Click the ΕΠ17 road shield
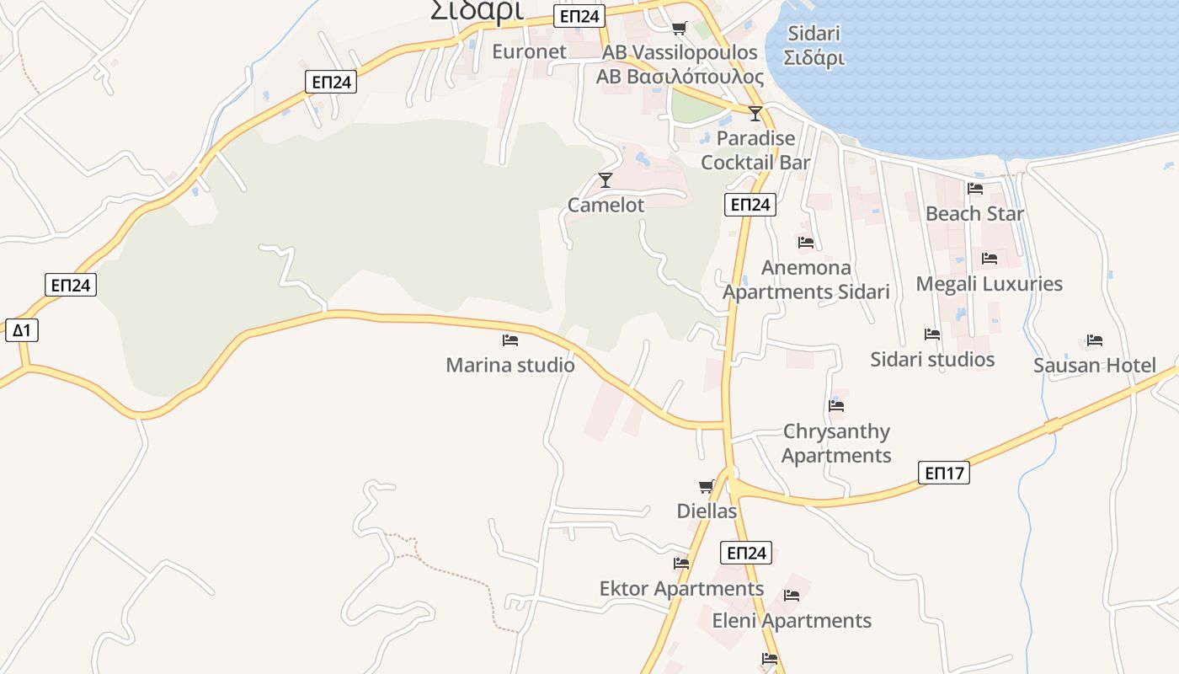(945, 473)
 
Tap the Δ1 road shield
(21, 330)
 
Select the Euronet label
(530, 51)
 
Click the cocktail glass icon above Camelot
(605, 179)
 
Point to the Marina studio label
(510, 365)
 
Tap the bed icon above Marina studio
(509, 340)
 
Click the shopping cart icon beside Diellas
(706, 487)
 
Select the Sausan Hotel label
(1095, 365)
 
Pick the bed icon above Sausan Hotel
(1095, 340)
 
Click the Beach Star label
(975, 214)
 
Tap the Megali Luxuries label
(989, 284)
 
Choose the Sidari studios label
(932, 360)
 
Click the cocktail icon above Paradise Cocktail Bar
(755, 114)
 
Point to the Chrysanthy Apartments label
(836, 443)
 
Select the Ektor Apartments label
(681, 588)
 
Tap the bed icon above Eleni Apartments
(792, 596)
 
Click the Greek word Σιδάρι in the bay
(814, 59)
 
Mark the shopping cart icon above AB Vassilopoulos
(680, 28)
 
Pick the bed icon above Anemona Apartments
(806, 243)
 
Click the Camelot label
(606, 205)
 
